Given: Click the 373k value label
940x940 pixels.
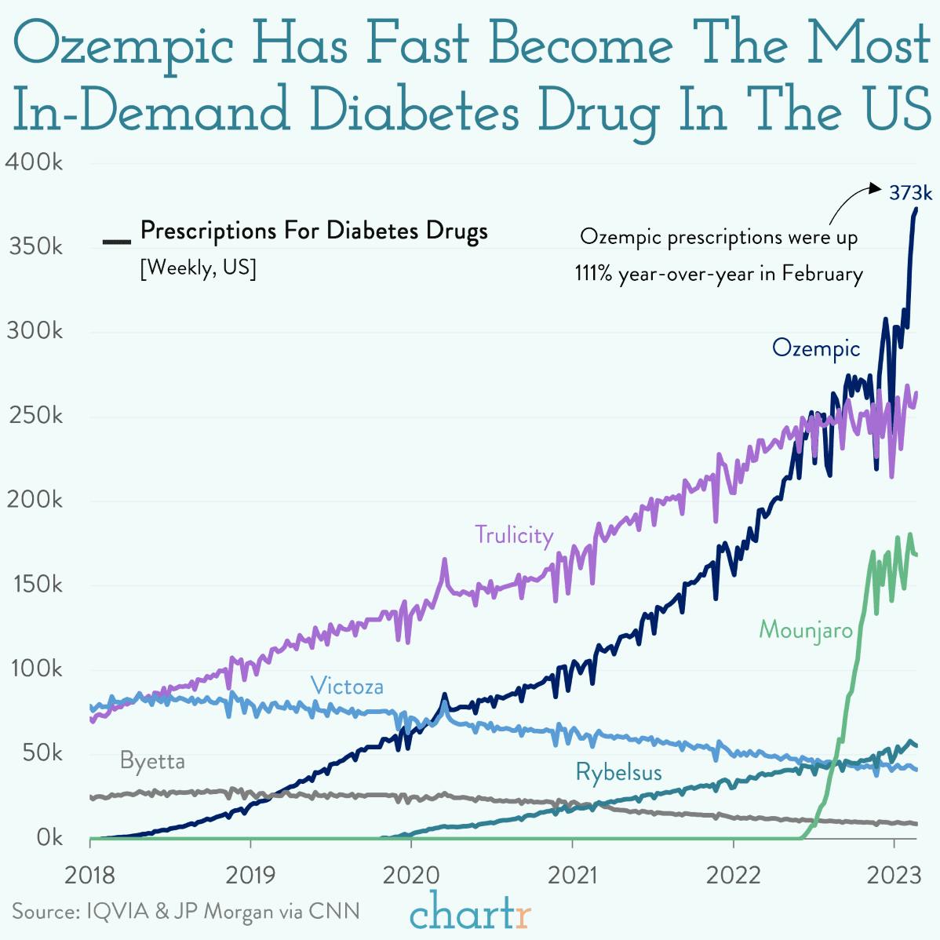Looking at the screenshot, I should tap(910, 193).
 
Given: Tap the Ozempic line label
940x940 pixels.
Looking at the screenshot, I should tap(815, 348).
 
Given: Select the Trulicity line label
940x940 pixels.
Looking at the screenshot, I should tap(514, 535).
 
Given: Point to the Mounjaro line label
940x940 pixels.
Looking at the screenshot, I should tap(805, 630).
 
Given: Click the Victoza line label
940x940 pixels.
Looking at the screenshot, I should tap(347, 687).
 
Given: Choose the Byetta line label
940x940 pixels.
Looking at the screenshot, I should tap(152, 761).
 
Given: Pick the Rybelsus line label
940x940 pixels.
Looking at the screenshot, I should tap(618, 772).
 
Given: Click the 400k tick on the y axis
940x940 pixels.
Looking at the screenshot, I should tap(34, 162).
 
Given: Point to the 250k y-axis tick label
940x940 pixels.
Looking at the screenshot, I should tap(35, 416).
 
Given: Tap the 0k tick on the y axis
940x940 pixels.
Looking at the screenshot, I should tap(49, 838).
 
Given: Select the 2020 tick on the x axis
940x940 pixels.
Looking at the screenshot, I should tap(410, 875).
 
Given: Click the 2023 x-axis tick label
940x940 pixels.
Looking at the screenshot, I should tap(894, 875).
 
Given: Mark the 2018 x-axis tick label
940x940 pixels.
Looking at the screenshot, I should tap(89, 875).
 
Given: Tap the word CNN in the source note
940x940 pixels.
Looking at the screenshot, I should tap(333, 911).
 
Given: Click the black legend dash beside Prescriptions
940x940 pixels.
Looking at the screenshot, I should tap(116, 241).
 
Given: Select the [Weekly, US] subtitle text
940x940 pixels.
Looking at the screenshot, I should tap(198, 268).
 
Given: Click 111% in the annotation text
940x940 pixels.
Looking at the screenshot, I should tap(593, 274).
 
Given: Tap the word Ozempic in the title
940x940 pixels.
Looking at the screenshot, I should tap(124, 45).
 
